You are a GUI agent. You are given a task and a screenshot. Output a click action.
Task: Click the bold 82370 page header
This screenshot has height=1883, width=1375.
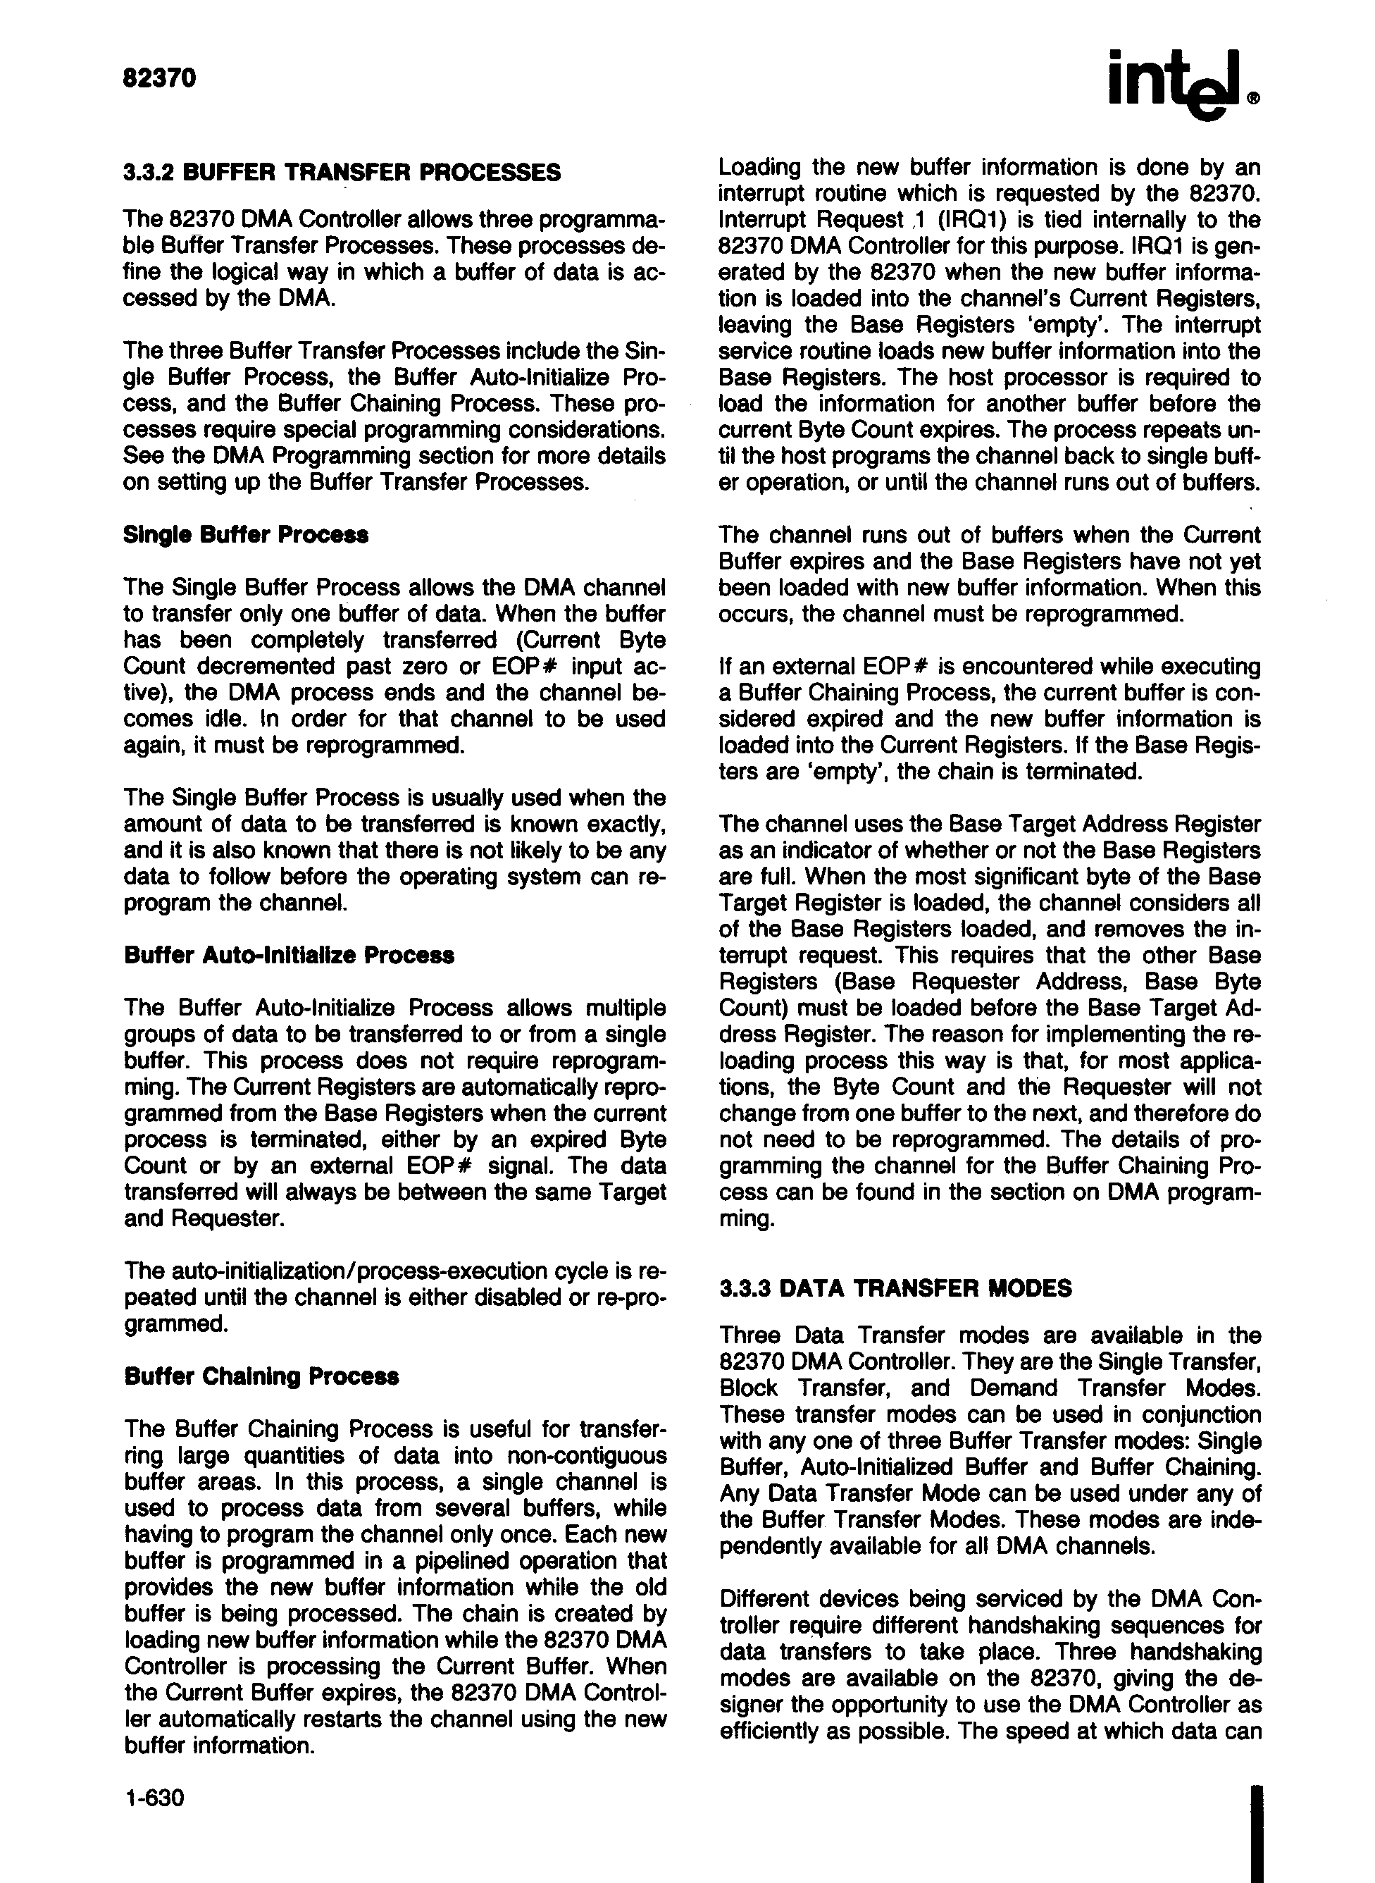(159, 78)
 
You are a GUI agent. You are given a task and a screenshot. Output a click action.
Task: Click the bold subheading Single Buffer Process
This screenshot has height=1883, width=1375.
(246, 534)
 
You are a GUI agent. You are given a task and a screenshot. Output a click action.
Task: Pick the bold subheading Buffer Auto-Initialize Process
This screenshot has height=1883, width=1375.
(289, 955)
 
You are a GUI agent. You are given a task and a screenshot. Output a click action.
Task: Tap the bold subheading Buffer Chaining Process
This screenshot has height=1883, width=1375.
(261, 1376)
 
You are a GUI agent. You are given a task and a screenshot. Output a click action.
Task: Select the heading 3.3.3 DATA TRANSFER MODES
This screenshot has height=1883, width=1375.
(895, 1289)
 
